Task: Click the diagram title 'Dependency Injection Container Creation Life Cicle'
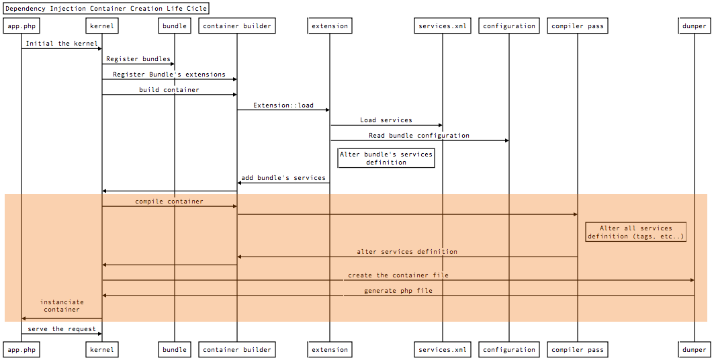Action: pyautogui.click(x=106, y=9)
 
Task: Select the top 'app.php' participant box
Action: pyautogui.click(x=21, y=26)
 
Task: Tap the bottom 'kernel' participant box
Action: pyautogui.click(x=102, y=349)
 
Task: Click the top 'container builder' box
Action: pyautogui.click(x=237, y=26)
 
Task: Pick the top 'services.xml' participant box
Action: pyautogui.click(x=442, y=26)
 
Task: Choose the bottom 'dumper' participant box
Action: pyautogui.click(x=695, y=349)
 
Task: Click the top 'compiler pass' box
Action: pyautogui.click(x=578, y=26)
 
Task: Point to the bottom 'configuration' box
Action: pyautogui.click(x=509, y=349)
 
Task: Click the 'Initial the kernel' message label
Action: pyautogui.click(x=62, y=44)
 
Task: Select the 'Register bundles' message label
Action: pyautogui.click(x=138, y=59)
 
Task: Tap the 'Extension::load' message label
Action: pyautogui.click(x=283, y=105)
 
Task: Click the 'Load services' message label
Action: pyautogui.click(x=386, y=120)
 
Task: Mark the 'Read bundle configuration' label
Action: pyautogui.click(x=419, y=136)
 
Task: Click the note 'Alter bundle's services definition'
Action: pyautogui.click(x=386, y=158)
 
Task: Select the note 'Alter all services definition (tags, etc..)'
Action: pyautogui.click(x=635, y=232)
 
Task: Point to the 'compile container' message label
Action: pyautogui.click(x=169, y=201)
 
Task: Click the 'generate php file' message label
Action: pyautogui.click(x=398, y=291)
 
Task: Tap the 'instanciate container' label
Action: pyautogui.click(x=62, y=306)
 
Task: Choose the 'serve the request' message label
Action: pyautogui.click(x=62, y=329)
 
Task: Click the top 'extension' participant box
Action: pyautogui.click(x=330, y=26)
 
